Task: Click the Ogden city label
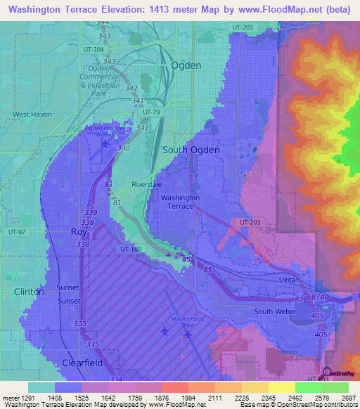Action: (x=186, y=65)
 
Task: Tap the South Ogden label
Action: (x=191, y=150)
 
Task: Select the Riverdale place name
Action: (x=147, y=184)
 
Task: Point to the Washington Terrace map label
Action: (x=180, y=202)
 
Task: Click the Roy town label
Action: (x=78, y=231)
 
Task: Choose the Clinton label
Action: (x=28, y=291)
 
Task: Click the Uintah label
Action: (x=288, y=280)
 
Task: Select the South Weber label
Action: (x=272, y=311)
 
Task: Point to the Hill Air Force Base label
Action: (x=177, y=321)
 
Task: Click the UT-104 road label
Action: (x=94, y=50)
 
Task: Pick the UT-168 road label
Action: (x=130, y=249)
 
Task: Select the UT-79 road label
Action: (x=151, y=112)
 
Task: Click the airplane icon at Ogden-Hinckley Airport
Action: (x=105, y=144)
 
